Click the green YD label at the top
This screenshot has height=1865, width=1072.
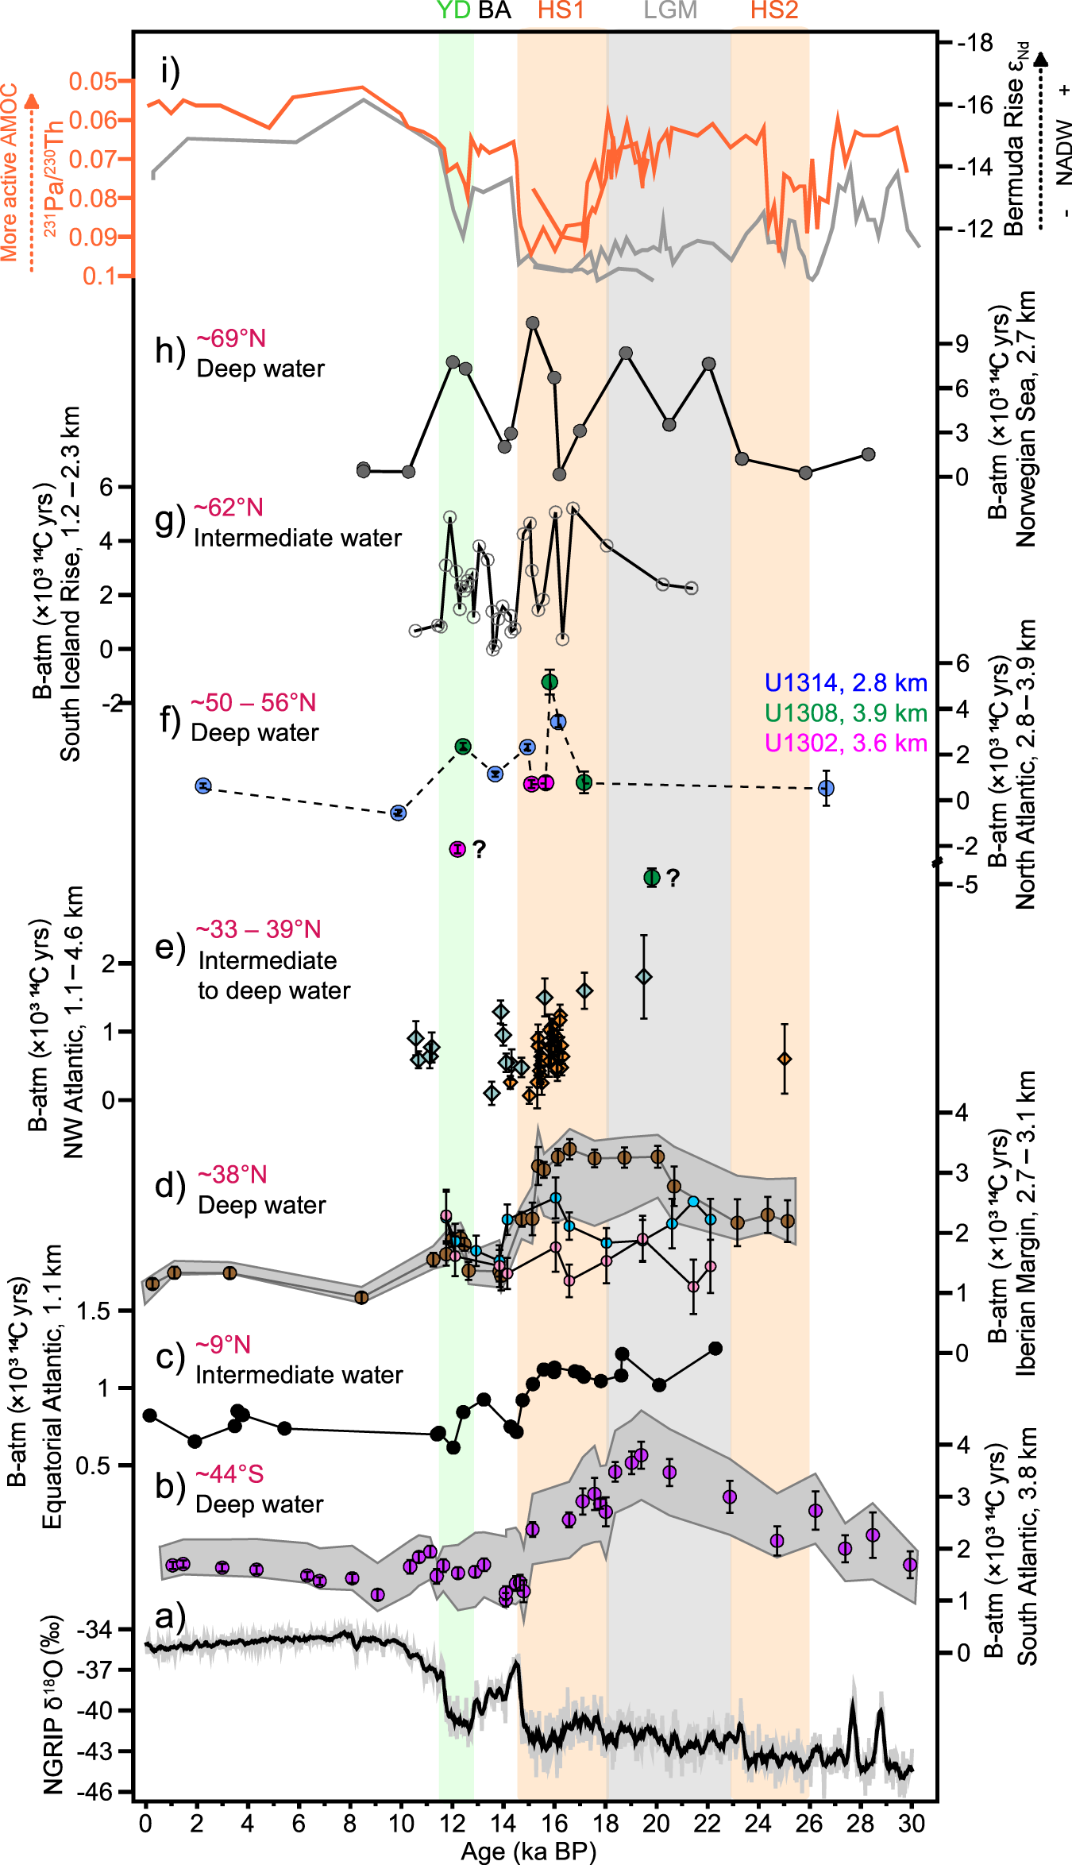tap(453, 10)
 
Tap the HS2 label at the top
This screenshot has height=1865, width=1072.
tap(774, 10)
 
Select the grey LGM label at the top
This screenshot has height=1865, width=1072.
tap(670, 10)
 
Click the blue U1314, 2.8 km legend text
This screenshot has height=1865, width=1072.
tap(846, 683)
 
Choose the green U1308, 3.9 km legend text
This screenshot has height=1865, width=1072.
tap(846, 713)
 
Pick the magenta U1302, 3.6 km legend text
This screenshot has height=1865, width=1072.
tap(846, 743)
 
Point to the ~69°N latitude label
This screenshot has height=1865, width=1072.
tap(231, 339)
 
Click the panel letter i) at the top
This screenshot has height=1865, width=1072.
tap(170, 72)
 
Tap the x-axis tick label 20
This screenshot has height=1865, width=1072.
tap(656, 1824)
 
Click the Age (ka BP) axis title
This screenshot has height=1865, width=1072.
tap(528, 1852)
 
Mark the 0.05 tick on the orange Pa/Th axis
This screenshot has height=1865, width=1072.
tap(92, 81)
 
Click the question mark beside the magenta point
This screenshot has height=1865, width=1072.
tap(479, 850)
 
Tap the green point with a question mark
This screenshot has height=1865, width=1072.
tap(652, 878)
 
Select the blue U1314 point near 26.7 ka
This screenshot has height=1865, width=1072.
tap(826, 789)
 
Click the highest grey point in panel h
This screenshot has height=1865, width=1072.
tap(533, 323)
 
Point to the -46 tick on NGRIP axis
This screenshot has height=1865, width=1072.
tap(94, 1792)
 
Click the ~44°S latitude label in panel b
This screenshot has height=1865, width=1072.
tap(229, 1475)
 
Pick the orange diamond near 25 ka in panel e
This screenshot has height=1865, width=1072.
tap(785, 1060)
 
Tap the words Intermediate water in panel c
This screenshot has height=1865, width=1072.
tap(299, 1375)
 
